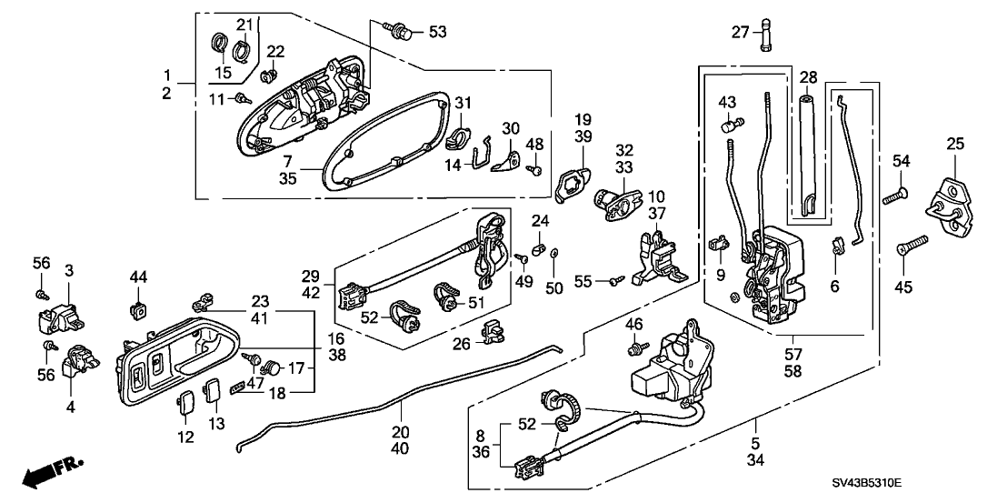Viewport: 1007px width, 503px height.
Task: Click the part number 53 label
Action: [x=437, y=34]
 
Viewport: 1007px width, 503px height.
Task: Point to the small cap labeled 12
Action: [x=185, y=397]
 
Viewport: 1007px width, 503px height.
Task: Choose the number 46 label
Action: [x=633, y=325]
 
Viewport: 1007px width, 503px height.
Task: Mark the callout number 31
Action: [x=464, y=101]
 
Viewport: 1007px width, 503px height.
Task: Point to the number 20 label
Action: [x=401, y=432]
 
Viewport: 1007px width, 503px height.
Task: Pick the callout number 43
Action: [x=727, y=101]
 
